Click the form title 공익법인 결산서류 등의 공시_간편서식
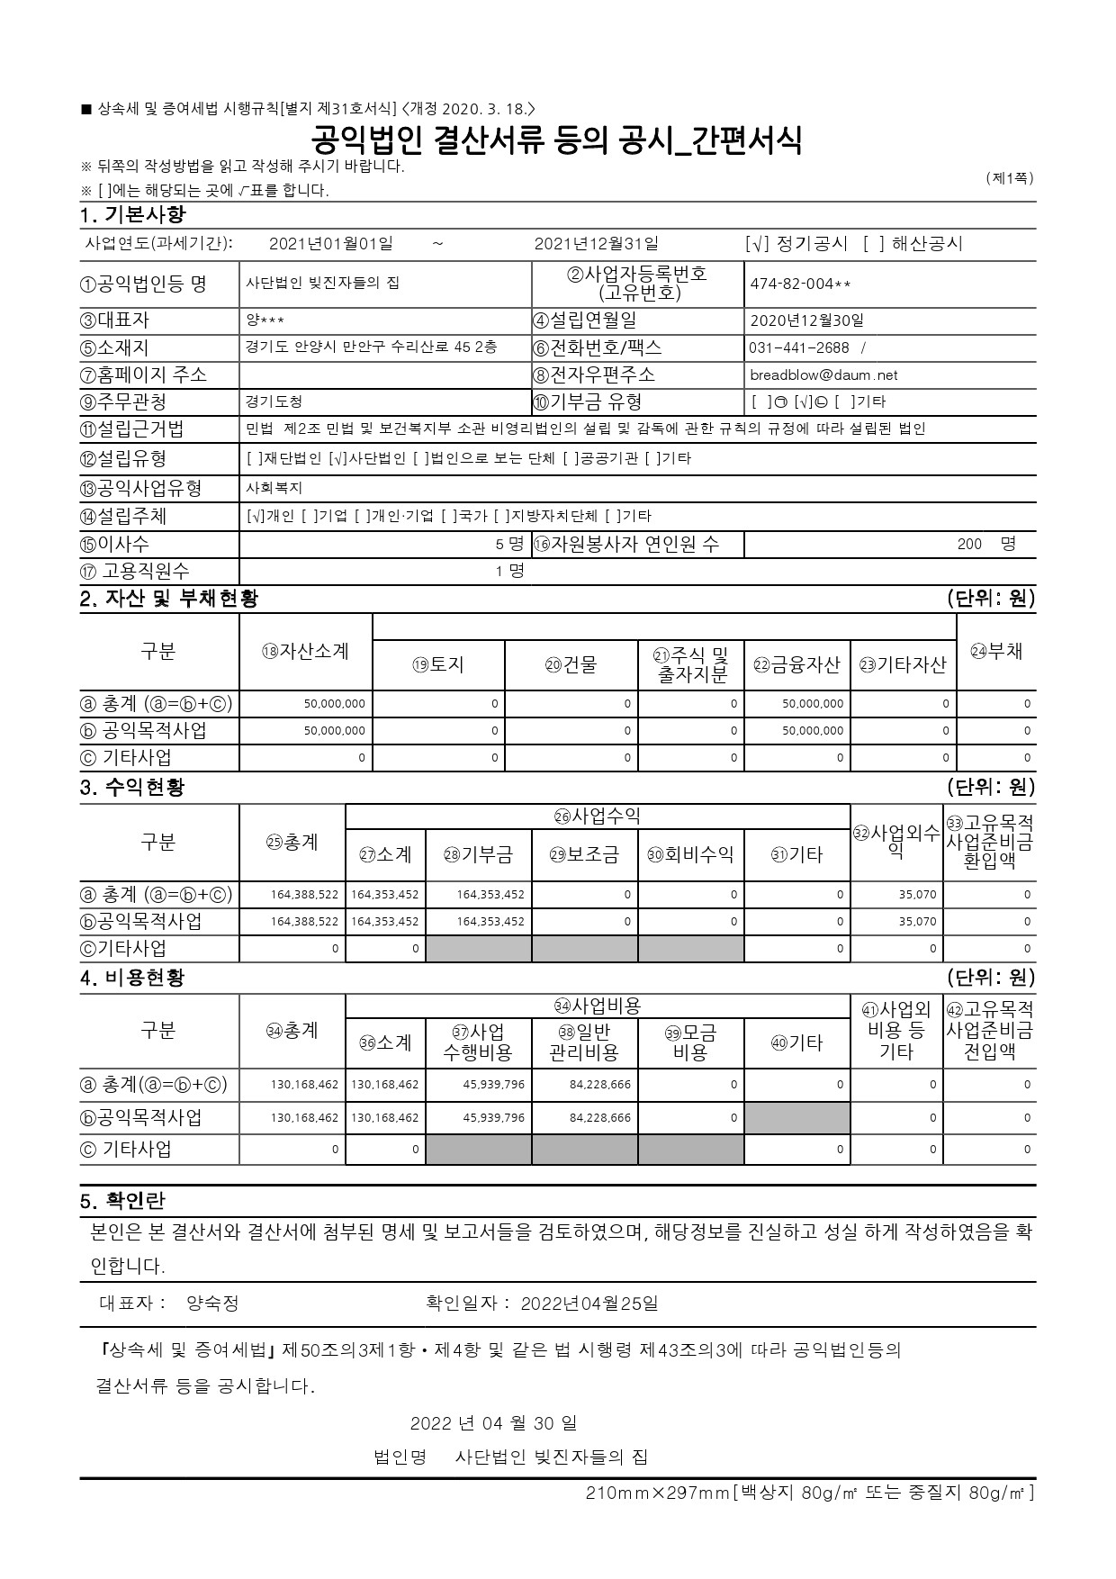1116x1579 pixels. click(x=556, y=140)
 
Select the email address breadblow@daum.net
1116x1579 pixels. click(x=823, y=374)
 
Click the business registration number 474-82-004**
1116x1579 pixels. click(x=800, y=284)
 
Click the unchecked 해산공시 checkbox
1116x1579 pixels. click(x=873, y=244)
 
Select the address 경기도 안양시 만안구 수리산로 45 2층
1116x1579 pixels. click(x=371, y=347)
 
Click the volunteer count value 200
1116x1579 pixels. click(x=969, y=544)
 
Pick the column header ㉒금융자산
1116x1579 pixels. click(x=796, y=664)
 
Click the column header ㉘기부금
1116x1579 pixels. click(x=478, y=854)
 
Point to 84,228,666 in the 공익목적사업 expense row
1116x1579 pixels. click(x=600, y=1117)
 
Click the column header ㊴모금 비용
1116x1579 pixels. click(x=690, y=1042)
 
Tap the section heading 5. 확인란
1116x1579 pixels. click(x=122, y=1201)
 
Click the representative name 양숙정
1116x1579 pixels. click(x=212, y=1303)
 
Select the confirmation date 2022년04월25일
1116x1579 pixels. click(x=589, y=1303)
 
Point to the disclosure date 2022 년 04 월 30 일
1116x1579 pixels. click(x=493, y=1423)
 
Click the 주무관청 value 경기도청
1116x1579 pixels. click(x=274, y=402)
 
